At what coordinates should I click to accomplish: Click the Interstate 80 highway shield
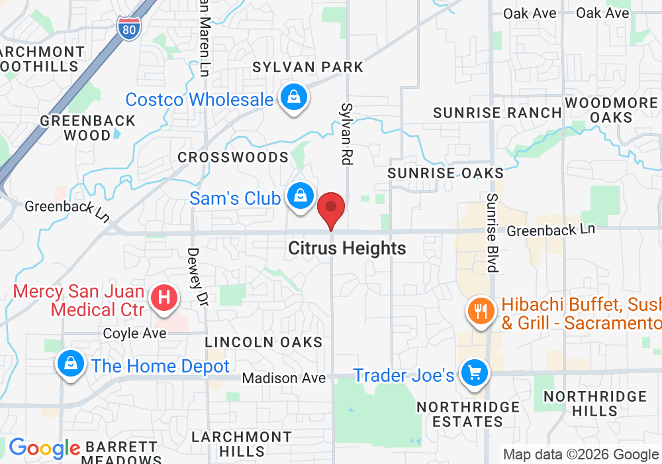tap(128, 27)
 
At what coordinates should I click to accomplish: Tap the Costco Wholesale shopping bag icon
tap(292, 98)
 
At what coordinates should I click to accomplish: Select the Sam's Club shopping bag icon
tap(300, 197)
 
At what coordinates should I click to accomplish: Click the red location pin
tap(331, 209)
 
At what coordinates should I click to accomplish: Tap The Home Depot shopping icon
tap(70, 365)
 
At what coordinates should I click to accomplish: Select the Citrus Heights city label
tap(347, 249)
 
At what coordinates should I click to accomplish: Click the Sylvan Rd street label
tap(346, 133)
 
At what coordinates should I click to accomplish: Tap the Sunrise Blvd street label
tap(491, 233)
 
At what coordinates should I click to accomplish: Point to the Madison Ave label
tap(284, 378)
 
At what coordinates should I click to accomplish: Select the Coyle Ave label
tap(134, 333)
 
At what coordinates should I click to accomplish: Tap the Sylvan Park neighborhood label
tap(308, 67)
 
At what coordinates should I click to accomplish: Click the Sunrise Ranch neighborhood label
tap(497, 113)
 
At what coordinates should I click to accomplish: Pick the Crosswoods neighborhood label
tap(233, 157)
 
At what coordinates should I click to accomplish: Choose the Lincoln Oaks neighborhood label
tap(263, 342)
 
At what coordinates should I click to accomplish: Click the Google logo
tap(44, 449)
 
